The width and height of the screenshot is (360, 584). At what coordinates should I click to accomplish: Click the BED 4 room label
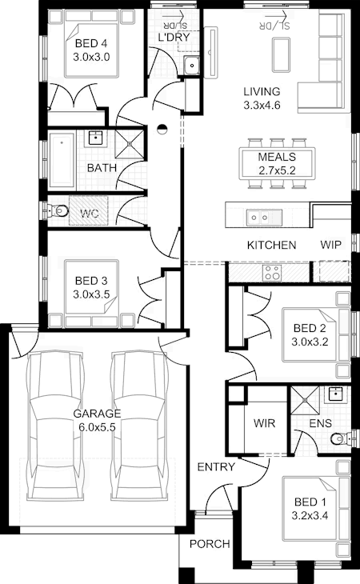tap(91, 43)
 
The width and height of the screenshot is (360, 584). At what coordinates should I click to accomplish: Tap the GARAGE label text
tap(97, 414)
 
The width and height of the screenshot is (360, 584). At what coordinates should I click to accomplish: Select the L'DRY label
tap(174, 38)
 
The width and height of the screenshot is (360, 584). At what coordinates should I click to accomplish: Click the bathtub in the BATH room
tap(62, 160)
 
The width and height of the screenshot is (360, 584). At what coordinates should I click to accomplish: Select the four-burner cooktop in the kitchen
tap(272, 273)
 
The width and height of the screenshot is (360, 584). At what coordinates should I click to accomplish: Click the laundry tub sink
tap(192, 66)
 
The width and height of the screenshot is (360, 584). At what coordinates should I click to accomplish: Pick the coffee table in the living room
tap(281, 54)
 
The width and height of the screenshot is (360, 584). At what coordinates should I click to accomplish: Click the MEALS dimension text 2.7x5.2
tap(277, 170)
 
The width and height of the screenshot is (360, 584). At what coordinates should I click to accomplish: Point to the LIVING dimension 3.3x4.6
tap(262, 106)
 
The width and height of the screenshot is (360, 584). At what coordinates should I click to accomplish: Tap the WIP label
tap(331, 245)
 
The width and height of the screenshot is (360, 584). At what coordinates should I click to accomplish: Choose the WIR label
tap(264, 423)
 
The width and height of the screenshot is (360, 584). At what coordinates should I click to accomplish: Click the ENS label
tap(321, 423)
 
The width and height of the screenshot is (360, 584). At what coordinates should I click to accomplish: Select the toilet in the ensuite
tap(341, 438)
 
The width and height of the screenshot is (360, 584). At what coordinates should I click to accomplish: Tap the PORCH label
tap(210, 544)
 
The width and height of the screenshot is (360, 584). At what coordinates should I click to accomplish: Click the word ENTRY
tap(216, 466)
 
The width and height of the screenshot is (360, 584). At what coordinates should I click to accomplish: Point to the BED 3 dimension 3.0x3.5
tap(91, 294)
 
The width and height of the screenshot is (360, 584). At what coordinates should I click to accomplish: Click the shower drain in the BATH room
tap(129, 143)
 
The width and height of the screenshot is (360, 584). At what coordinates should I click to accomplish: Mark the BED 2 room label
tap(310, 328)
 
